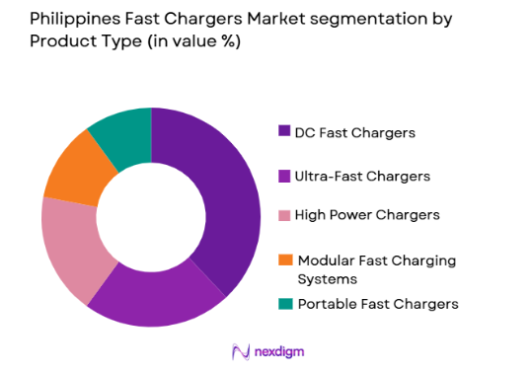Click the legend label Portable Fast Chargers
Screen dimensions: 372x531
[x=377, y=304]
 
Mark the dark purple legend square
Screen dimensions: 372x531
[x=285, y=131]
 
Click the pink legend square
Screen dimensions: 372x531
[x=285, y=215]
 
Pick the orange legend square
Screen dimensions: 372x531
[x=285, y=260]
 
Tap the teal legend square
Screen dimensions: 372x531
[x=285, y=304]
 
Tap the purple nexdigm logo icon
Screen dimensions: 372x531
[x=238, y=350]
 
